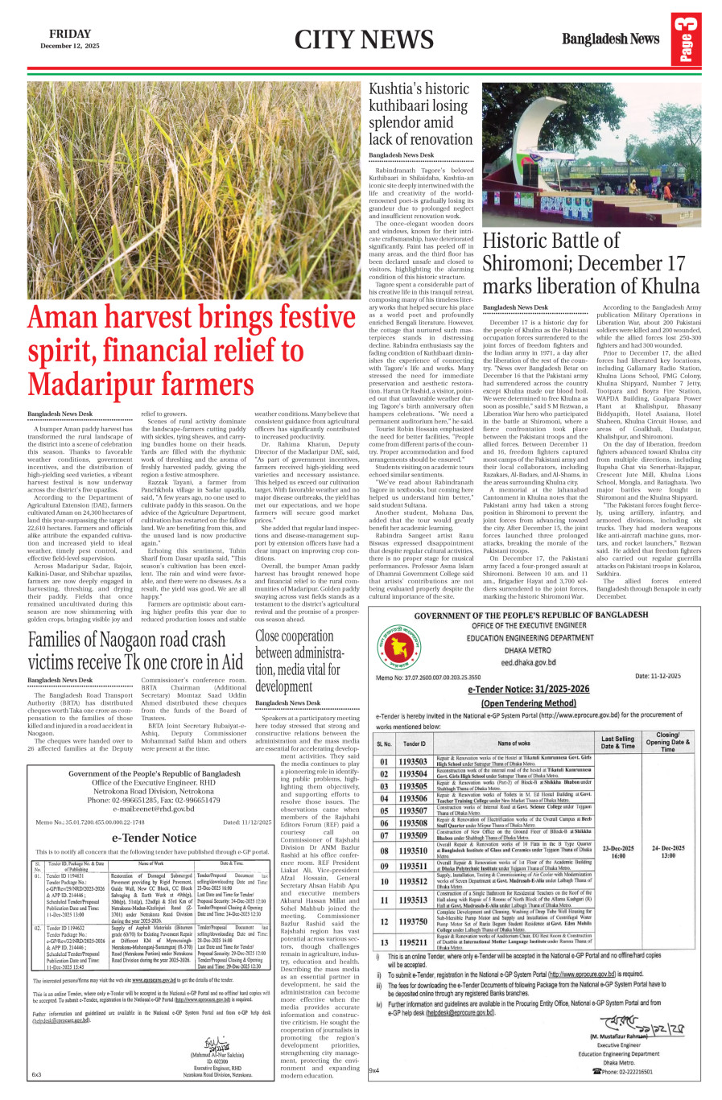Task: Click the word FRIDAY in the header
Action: [x=69, y=34]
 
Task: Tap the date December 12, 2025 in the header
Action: [x=69, y=47]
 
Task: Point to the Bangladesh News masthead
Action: [x=610, y=39]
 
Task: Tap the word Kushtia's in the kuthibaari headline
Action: [x=397, y=89]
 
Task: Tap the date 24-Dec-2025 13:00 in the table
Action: [x=667, y=851]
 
